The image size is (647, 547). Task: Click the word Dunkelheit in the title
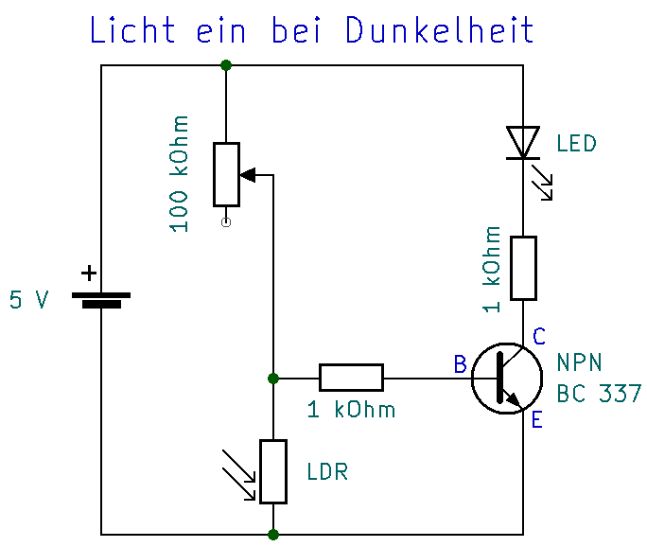(440, 30)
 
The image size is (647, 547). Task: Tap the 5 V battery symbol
(101, 300)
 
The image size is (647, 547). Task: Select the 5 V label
(28, 301)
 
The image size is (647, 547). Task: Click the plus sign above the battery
(88, 273)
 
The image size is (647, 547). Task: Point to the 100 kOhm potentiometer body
(226, 174)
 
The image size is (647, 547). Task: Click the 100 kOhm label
(179, 174)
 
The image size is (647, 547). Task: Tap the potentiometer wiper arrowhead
(249, 174)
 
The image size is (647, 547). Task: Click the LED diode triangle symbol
(522, 143)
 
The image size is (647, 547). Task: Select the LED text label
(576, 144)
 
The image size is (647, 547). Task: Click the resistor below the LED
(523, 268)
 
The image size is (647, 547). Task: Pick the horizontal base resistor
(351, 378)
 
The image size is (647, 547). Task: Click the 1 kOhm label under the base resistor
(351, 411)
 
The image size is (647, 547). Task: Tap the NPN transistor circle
(507, 378)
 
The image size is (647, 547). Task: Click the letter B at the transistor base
(460, 364)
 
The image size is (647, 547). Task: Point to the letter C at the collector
(539, 336)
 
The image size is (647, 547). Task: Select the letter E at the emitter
(537, 419)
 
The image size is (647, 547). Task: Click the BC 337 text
(599, 394)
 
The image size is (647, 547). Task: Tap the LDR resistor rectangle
(273, 471)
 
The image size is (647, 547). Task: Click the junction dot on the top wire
(226, 65)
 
